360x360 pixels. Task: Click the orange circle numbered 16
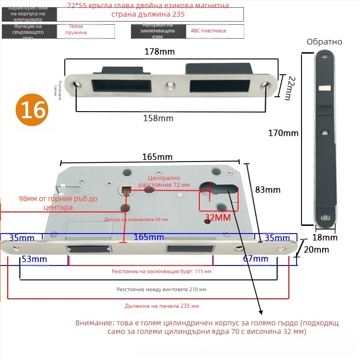coord(31,110)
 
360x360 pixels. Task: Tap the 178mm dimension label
coord(159,52)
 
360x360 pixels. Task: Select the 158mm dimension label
coord(158,118)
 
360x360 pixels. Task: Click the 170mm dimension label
coord(283,133)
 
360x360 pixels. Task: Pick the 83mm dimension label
coord(267,189)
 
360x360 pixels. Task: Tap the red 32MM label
coord(217,218)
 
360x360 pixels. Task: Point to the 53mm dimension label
coord(35,259)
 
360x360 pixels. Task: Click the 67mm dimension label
coord(255,259)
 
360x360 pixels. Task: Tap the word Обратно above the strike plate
coord(324,42)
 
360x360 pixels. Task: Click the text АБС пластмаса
coord(208,31)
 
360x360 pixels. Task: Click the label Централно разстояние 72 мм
coord(164,181)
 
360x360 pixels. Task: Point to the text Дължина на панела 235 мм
coord(162,306)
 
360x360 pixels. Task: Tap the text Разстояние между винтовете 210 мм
coord(161,290)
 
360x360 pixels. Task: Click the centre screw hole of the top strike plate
coord(171,84)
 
